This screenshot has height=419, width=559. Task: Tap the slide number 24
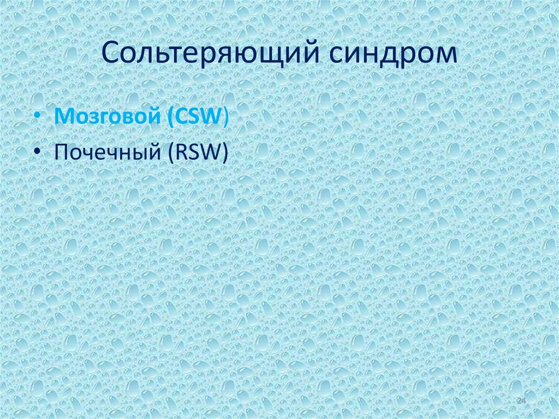pyautogui.click(x=521, y=402)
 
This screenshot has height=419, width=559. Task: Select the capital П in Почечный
pyautogui.click(x=61, y=152)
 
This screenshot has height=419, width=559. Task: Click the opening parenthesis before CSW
pyautogui.click(x=167, y=118)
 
